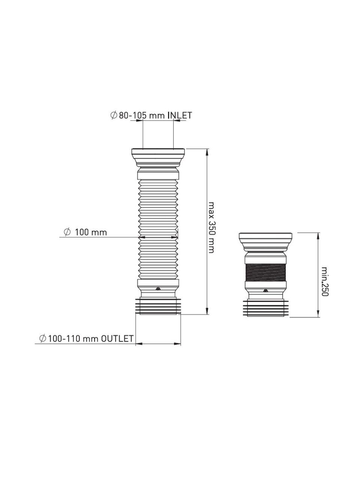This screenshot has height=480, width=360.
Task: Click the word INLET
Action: (x=180, y=115)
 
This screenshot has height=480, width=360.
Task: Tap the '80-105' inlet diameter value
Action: (x=132, y=115)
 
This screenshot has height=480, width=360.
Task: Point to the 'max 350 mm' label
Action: (x=211, y=227)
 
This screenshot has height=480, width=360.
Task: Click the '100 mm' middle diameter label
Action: (x=91, y=232)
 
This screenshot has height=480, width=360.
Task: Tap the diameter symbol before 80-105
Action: (x=114, y=115)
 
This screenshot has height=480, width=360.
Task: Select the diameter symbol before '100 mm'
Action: (x=67, y=232)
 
